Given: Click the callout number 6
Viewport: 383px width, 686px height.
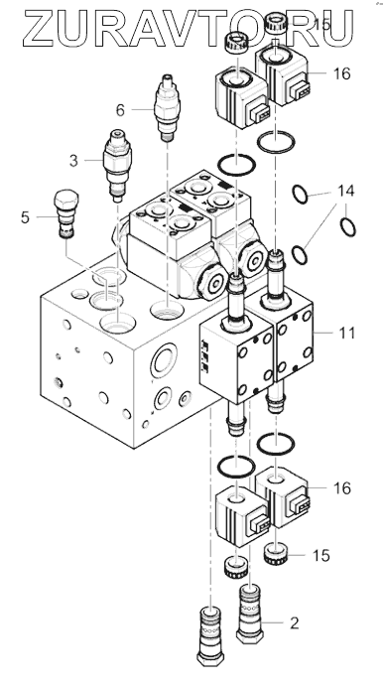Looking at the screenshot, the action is [120, 110].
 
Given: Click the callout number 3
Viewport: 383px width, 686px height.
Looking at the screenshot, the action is [73, 161].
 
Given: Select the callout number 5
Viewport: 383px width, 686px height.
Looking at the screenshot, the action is [26, 217].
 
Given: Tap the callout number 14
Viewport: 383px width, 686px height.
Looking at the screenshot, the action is [345, 192].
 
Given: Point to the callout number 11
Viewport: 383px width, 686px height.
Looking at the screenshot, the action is [347, 333].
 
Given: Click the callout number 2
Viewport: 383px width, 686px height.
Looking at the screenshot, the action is [295, 622].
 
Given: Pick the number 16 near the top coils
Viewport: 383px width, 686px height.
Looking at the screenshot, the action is [342, 73].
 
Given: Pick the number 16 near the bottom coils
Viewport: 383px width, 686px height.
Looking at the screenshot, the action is [342, 487].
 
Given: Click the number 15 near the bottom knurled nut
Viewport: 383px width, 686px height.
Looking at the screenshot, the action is [320, 556].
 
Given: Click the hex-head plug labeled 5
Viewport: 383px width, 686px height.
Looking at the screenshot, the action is [66, 214].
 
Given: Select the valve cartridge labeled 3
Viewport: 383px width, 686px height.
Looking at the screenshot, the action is [117, 166].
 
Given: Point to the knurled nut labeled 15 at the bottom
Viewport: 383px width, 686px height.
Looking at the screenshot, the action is [275, 553].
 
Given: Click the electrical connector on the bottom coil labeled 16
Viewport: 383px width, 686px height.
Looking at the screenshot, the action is [299, 504].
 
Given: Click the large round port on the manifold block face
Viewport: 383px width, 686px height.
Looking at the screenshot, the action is [164, 359].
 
